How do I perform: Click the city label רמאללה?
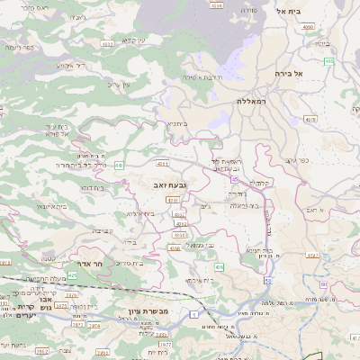(254, 101)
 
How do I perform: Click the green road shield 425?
(72, 274)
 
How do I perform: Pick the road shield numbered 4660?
(309, 27)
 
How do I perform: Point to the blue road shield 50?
(268, 280)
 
